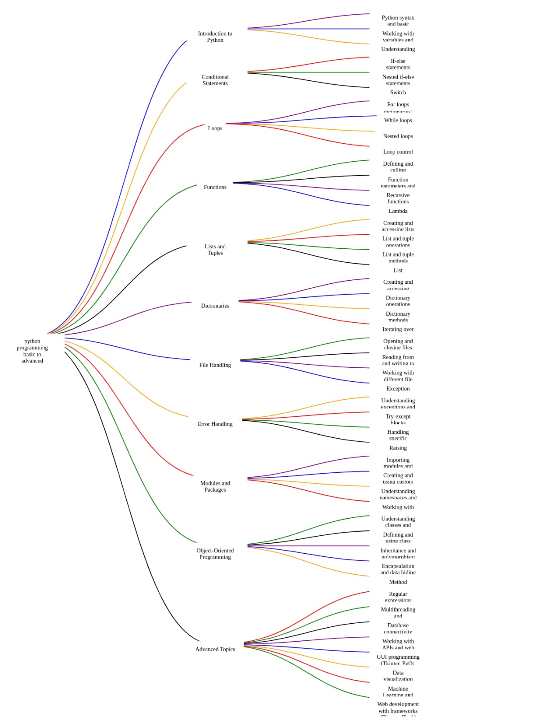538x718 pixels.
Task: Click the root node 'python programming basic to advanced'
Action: click(x=32, y=351)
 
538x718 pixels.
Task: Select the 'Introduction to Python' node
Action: click(x=215, y=37)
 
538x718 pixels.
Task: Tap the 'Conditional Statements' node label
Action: click(x=215, y=80)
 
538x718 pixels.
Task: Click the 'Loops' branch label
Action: click(x=215, y=128)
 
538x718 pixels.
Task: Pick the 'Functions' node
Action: click(x=215, y=187)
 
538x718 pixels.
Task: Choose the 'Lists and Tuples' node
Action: click(x=215, y=250)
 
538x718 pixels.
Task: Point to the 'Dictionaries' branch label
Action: click(x=215, y=306)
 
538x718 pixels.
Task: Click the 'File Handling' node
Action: click(x=215, y=365)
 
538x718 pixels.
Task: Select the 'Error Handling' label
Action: click(x=215, y=424)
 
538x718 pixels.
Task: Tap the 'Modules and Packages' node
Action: click(x=215, y=486)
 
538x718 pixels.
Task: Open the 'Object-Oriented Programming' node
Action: click(x=215, y=554)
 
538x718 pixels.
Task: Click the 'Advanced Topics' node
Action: click(x=215, y=649)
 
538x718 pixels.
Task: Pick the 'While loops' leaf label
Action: click(x=398, y=120)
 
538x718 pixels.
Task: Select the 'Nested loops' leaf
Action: click(x=398, y=136)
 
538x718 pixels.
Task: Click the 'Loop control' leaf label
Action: click(x=398, y=152)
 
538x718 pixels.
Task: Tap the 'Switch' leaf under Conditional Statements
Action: click(x=398, y=93)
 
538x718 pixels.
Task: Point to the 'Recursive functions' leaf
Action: click(x=398, y=198)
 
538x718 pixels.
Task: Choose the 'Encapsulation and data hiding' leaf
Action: click(x=398, y=569)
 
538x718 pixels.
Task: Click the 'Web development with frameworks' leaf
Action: click(x=398, y=707)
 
